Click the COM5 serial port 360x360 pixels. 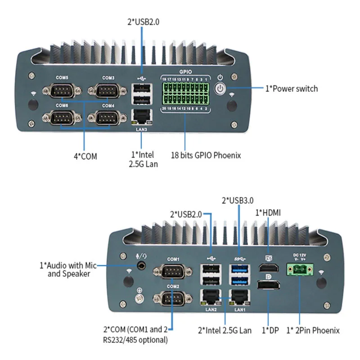[x=62, y=92]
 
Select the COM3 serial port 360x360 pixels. [x=108, y=92]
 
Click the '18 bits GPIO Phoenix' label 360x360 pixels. [x=206, y=155]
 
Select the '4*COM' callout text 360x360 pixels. [x=85, y=156]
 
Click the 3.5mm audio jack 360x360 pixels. [x=144, y=265]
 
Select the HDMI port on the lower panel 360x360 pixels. [x=269, y=269]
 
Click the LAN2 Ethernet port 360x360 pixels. [x=211, y=297]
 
